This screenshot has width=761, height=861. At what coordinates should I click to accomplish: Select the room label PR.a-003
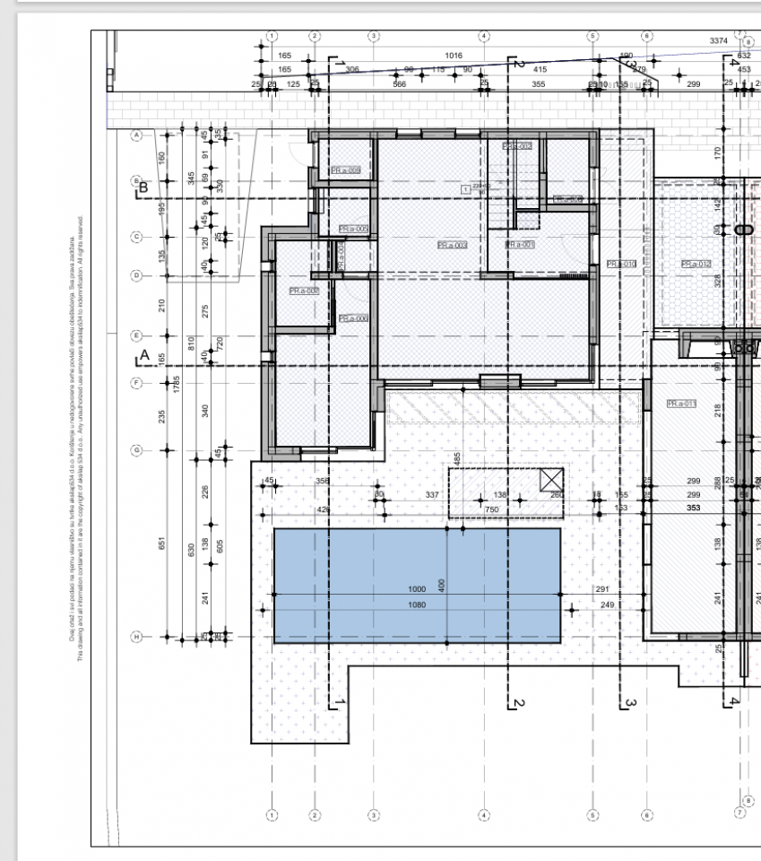click(453, 245)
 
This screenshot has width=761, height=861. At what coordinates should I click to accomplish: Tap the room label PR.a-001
click(520, 244)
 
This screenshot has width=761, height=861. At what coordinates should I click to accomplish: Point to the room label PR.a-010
click(620, 264)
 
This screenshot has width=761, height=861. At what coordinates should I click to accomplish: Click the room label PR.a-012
click(696, 264)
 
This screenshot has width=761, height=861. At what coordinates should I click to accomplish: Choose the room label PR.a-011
click(681, 404)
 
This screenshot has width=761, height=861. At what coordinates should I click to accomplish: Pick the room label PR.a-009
click(345, 170)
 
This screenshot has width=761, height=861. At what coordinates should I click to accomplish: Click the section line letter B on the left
click(143, 188)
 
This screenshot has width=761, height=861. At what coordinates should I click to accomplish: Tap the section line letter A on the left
click(143, 357)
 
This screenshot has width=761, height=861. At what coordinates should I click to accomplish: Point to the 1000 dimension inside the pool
click(417, 589)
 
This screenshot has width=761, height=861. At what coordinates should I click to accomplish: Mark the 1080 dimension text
click(417, 604)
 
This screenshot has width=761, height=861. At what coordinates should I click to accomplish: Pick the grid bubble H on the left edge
click(137, 637)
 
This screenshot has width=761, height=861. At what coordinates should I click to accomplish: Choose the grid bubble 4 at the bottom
click(484, 815)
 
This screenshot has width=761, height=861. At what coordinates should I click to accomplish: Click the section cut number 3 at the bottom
click(630, 702)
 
